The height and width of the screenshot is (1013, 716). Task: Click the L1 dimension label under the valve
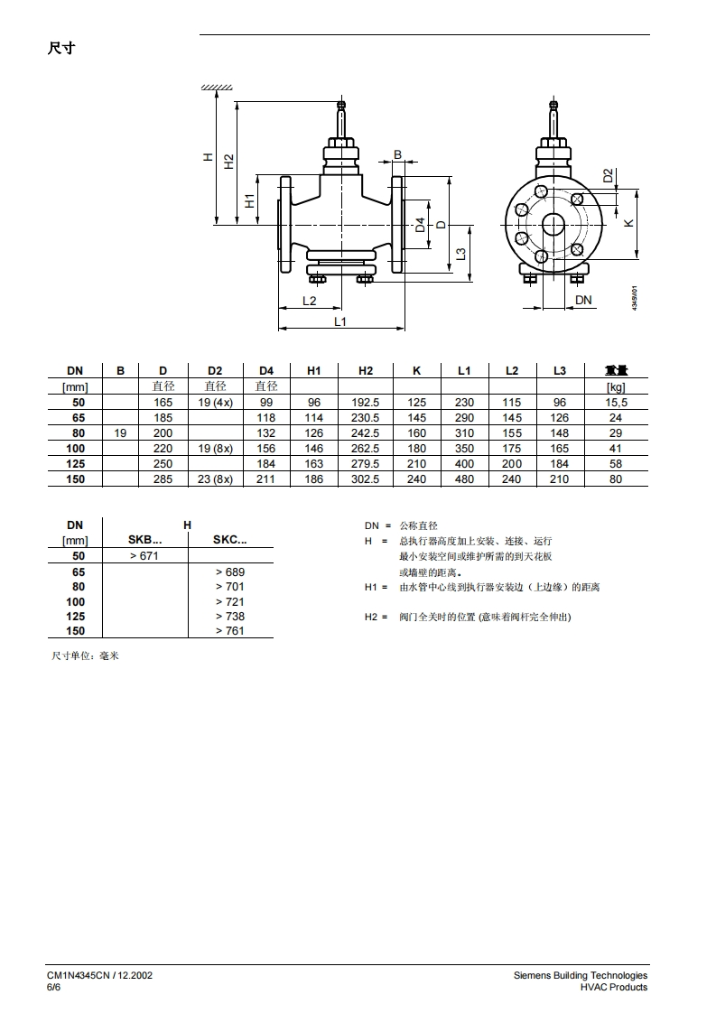tap(339, 321)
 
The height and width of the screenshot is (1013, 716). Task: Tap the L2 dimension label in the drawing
tap(310, 301)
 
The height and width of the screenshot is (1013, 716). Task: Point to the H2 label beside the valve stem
tap(228, 162)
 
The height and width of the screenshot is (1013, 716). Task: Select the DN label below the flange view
tap(583, 300)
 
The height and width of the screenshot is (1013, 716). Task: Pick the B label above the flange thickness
tap(398, 155)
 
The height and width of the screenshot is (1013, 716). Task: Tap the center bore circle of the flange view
tap(553, 224)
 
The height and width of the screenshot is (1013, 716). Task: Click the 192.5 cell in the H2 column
tap(365, 402)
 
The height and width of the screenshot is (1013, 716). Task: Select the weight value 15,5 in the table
tap(616, 402)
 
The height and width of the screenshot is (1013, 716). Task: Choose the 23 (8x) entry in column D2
tap(215, 479)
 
